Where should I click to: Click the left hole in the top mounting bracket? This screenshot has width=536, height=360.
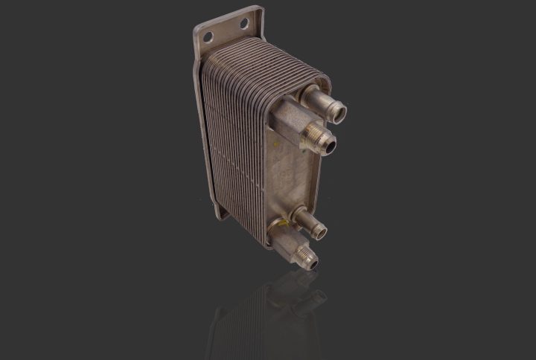209,36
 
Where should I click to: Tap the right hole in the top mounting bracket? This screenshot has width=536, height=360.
243,25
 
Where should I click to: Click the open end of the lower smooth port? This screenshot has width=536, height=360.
321,233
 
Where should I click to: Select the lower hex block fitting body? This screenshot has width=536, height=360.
281,240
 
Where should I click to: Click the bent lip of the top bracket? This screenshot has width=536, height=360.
259,22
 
